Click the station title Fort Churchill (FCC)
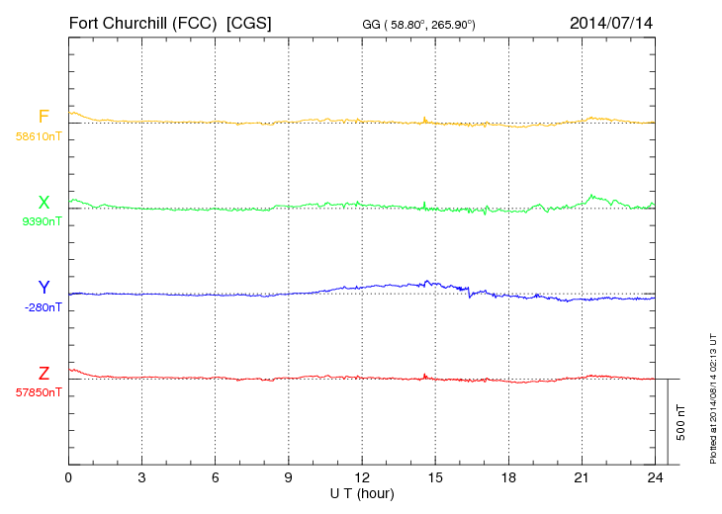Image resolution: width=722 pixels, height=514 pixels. pyautogui.click(x=142, y=23)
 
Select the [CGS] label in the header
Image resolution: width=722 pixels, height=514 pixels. pyautogui.click(x=250, y=23)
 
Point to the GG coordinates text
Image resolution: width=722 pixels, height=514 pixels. pyautogui.click(x=420, y=24)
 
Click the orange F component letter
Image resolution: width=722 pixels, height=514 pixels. pyautogui.click(x=44, y=118)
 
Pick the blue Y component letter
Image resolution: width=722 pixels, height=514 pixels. pyautogui.click(x=44, y=289)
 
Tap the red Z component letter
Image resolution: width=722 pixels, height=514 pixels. pyautogui.click(x=44, y=374)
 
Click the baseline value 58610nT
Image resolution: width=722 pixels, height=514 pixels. pyautogui.click(x=38, y=136)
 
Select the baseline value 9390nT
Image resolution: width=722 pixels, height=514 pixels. pyautogui.click(x=42, y=221)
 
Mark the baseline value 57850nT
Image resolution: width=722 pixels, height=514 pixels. pyautogui.click(x=38, y=391)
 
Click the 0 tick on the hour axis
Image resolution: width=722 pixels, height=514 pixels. pyautogui.click(x=69, y=477)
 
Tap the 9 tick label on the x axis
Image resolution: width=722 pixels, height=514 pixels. pyautogui.click(x=289, y=477)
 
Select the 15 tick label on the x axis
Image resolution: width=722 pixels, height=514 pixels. pyautogui.click(x=435, y=477)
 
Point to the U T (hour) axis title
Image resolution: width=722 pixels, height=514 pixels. pyautogui.click(x=362, y=492)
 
